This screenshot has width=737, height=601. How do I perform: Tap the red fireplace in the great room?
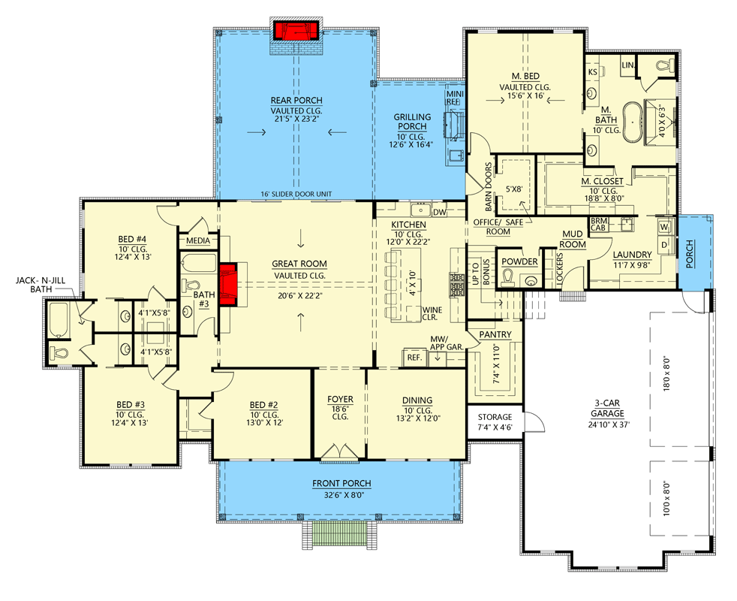tap(232, 285)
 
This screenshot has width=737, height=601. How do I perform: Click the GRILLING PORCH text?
tap(413, 122)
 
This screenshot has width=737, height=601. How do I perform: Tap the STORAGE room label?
tap(495, 417)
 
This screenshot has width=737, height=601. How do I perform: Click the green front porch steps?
tap(340, 535)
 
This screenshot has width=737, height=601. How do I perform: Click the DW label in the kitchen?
tap(440, 213)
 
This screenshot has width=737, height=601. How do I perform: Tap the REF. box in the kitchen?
tap(414, 358)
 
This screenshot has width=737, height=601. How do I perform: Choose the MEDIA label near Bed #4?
tap(198, 242)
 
